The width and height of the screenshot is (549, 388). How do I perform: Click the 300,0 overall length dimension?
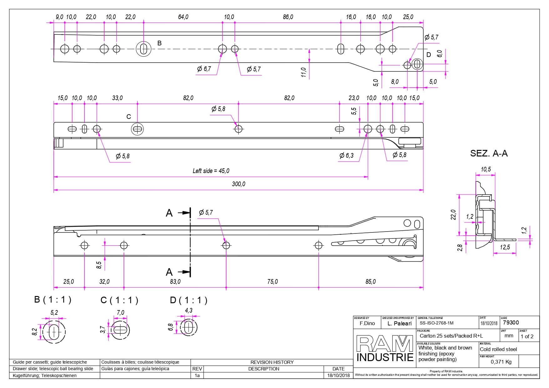click(x=238, y=184)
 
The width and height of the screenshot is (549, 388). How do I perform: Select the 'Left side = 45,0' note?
click(x=211, y=171)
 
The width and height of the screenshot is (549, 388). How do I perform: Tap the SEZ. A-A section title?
click(x=489, y=153)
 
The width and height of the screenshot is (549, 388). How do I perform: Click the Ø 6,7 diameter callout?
click(x=204, y=69)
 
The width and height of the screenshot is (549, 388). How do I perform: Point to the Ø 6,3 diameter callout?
click(x=347, y=156)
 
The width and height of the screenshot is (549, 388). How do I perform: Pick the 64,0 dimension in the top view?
click(x=183, y=17)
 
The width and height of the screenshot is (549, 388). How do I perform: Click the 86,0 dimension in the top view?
click(x=288, y=17)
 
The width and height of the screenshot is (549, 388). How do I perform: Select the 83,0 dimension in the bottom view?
click(x=175, y=282)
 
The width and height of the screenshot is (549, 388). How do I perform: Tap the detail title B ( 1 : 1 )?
click(x=53, y=300)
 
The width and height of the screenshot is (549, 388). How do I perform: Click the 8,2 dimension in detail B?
click(x=35, y=332)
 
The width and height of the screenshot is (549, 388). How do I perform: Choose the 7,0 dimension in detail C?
click(x=120, y=313)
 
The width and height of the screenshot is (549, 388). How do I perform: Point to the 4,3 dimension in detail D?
click(x=189, y=310)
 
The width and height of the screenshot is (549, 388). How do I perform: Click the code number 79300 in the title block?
click(x=511, y=323)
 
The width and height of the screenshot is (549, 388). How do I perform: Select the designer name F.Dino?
click(x=367, y=324)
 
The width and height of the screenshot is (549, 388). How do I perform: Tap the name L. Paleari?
click(x=399, y=324)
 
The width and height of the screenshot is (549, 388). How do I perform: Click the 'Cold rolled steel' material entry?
click(x=498, y=349)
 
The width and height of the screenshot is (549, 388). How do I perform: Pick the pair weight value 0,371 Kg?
click(x=501, y=362)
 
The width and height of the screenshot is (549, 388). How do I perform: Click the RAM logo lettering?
click(x=385, y=344)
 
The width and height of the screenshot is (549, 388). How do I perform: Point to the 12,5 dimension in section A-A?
click(x=505, y=247)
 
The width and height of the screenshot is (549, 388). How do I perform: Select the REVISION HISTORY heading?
click(x=272, y=362)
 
